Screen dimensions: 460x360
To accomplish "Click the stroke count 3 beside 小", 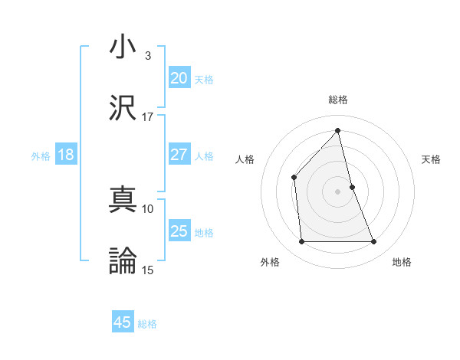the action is click(x=148, y=56).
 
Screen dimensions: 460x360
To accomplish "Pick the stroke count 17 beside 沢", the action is click(x=148, y=117).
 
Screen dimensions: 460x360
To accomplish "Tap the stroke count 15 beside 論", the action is click(x=148, y=270).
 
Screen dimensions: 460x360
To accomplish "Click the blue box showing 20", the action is click(x=179, y=78).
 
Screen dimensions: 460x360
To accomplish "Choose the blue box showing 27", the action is click(x=179, y=155).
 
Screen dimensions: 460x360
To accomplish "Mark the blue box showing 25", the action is click(x=179, y=231).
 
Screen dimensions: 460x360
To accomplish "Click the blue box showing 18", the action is click(x=66, y=155).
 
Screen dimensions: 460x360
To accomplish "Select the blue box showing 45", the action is click(x=123, y=322).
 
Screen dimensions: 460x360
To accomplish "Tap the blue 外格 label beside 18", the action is click(x=41, y=156).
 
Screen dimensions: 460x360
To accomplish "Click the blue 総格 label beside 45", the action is click(x=147, y=324).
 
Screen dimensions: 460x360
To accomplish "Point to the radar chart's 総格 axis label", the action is click(x=338, y=100).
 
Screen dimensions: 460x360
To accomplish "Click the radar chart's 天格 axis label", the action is click(x=431, y=159).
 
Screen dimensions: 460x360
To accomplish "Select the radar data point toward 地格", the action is click(x=374, y=242).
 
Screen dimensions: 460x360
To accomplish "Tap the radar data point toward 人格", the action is click(x=294, y=177).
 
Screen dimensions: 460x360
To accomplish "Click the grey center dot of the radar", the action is click(x=337, y=191).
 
